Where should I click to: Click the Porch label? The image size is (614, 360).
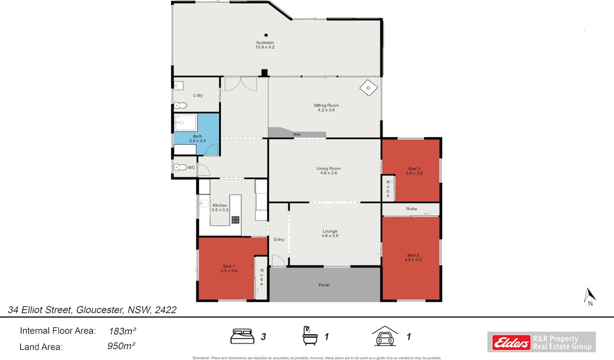[x=324, y=285]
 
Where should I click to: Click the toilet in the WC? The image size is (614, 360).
[x=180, y=167]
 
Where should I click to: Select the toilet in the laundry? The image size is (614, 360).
[x=180, y=105]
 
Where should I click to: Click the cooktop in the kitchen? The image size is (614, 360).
[x=235, y=220]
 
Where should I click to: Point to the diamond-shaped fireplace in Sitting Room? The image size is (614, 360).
[x=369, y=88]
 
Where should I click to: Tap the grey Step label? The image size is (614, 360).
[x=297, y=134]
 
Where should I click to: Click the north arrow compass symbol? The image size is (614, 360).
[x=589, y=297]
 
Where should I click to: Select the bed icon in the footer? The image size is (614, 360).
[x=242, y=336]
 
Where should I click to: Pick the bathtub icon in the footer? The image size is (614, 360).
[x=310, y=336]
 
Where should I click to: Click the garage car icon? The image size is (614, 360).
[x=385, y=336]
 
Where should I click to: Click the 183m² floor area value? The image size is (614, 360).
[x=123, y=331]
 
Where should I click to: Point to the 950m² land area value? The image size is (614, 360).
[x=122, y=346]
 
